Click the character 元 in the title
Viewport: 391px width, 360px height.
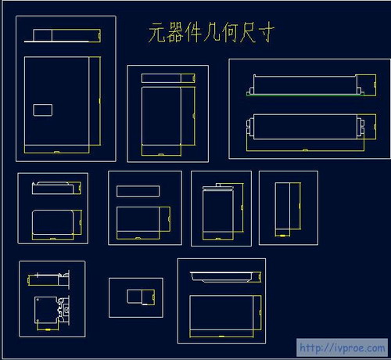click(x=157, y=32)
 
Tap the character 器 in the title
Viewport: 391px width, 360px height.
click(x=174, y=32)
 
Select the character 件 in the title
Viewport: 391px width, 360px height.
click(x=193, y=32)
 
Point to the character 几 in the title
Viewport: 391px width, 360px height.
click(x=212, y=32)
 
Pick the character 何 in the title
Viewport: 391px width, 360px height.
click(x=229, y=32)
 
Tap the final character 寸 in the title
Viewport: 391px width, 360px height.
click(x=266, y=32)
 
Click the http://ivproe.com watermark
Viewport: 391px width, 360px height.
click(x=342, y=347)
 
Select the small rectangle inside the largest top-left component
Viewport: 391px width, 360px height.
click(x=43, y=110)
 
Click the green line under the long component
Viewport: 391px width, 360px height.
click(x=305, y=95)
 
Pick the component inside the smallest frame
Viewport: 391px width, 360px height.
click(x=141, y=297)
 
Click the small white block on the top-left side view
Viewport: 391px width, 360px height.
click(x=42, y=35)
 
